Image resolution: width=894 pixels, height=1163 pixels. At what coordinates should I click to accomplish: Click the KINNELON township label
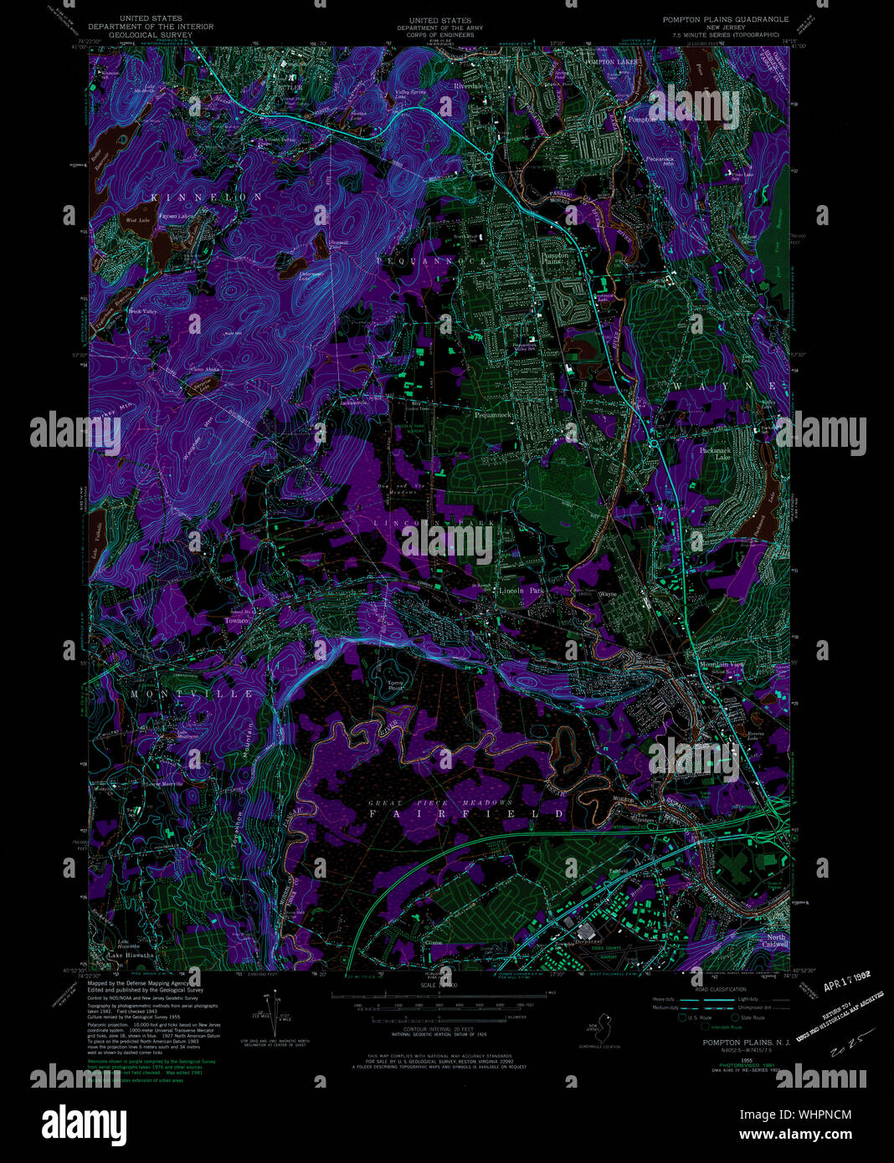point(206,197)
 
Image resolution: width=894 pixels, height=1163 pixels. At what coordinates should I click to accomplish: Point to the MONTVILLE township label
point(192,694)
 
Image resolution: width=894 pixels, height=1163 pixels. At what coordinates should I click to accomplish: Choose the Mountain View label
point(721,664)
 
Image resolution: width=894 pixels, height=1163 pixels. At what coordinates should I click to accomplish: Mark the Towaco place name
point(238,621)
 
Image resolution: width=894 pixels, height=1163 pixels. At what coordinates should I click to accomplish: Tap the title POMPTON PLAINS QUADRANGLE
point(726,18)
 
